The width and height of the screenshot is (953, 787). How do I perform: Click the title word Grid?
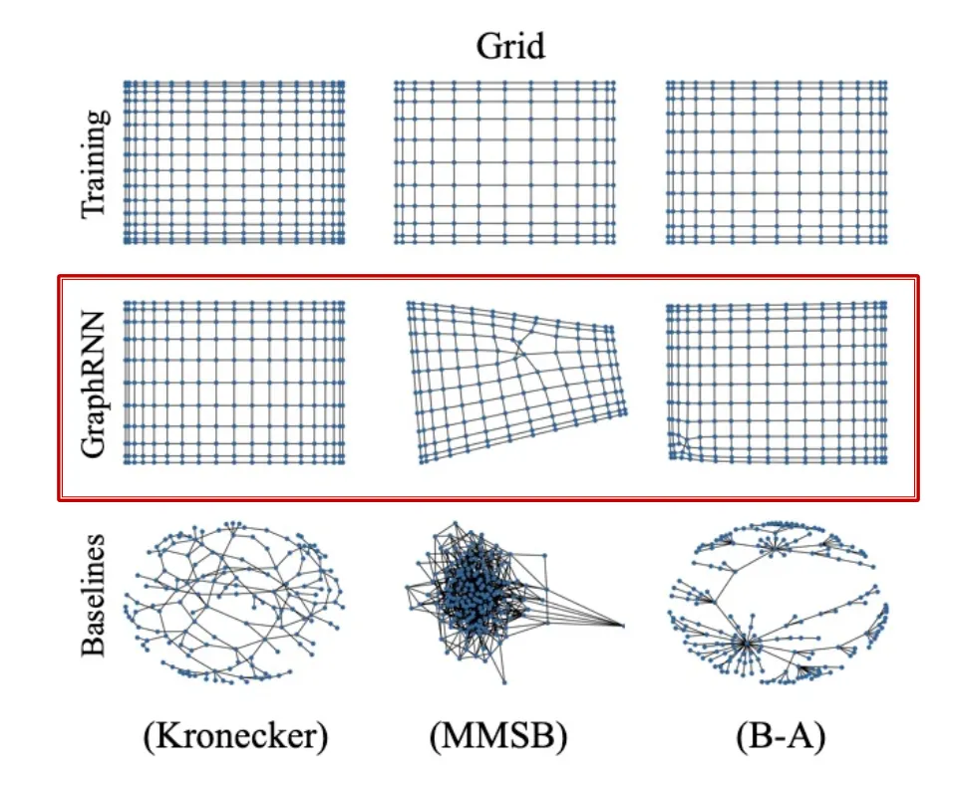tap(510, 46)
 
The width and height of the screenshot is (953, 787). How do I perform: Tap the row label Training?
tap(96, 163)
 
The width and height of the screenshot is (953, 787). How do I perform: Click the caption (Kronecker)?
tap(235, 737)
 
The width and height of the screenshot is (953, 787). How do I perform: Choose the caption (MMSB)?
tap(498, 737)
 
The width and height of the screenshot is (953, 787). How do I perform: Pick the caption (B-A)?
tap(778, 737)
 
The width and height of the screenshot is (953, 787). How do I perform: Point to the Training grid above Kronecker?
tap(234, 161)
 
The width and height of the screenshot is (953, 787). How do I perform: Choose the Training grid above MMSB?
tap(504, 161)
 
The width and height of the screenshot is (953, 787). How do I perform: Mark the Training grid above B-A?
tap(777, 161)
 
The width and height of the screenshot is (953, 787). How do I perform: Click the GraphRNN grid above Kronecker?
tap(234, 382)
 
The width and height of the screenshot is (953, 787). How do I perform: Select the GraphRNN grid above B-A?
tap(777, 382)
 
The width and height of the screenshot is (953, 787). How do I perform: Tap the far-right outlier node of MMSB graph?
tap(623, 626)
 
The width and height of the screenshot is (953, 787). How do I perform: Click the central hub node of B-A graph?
tap(744, 643)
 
